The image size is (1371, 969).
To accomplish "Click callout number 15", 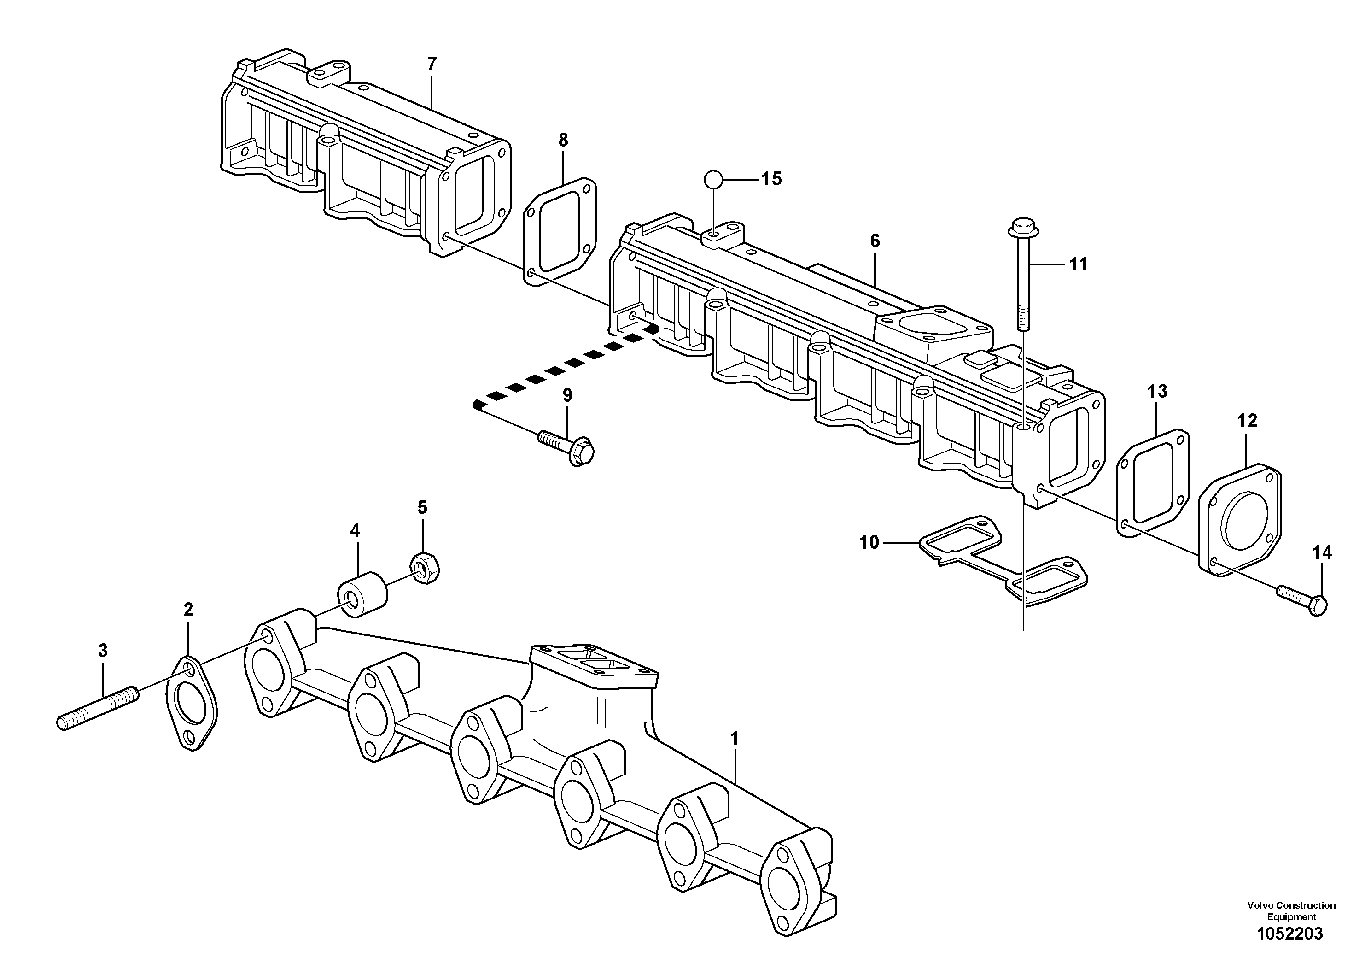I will tap(771, 179).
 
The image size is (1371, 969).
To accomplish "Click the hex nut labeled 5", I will tap(425, 568).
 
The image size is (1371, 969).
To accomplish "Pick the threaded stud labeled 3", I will tap(99, 711).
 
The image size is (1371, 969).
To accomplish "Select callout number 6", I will tap(875, 241).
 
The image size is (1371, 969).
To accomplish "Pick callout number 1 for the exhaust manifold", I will tap(735, 739).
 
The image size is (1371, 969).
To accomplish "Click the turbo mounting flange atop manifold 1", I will tap(594, 663).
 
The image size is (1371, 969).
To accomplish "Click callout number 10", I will tap(869, 542).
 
